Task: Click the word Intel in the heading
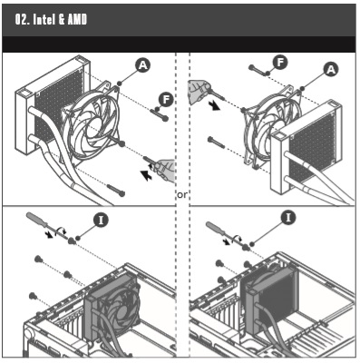click(x=44, y=20)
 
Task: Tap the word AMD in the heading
click(x=77, y=20)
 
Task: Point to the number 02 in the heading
click(x=22, y=20)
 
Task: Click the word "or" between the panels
click(x=182, y=195)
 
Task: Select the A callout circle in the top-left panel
click(x=142, y=65)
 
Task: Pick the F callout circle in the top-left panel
click(x=167, y=99)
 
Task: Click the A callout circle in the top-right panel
click(x=331, y=69)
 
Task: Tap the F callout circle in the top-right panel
click(x=280, y=63)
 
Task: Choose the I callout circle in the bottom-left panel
click(x=101, y=221)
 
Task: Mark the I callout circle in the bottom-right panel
click(x=288, y=218)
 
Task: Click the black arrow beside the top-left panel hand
click(x=147, y=175)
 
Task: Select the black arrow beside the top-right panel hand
click(x=215, y=105)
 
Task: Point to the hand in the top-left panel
click(x=165, y=171)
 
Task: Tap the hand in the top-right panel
click(x=199, y=92)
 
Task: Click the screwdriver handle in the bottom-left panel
click(x=36, y=219)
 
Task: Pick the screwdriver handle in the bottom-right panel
click(x=215, y=227)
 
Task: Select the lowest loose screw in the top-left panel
click(x=115, y=191)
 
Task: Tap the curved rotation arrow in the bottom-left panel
click(x=63, y=230)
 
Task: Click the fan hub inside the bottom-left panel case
click(x=123, y=311)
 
